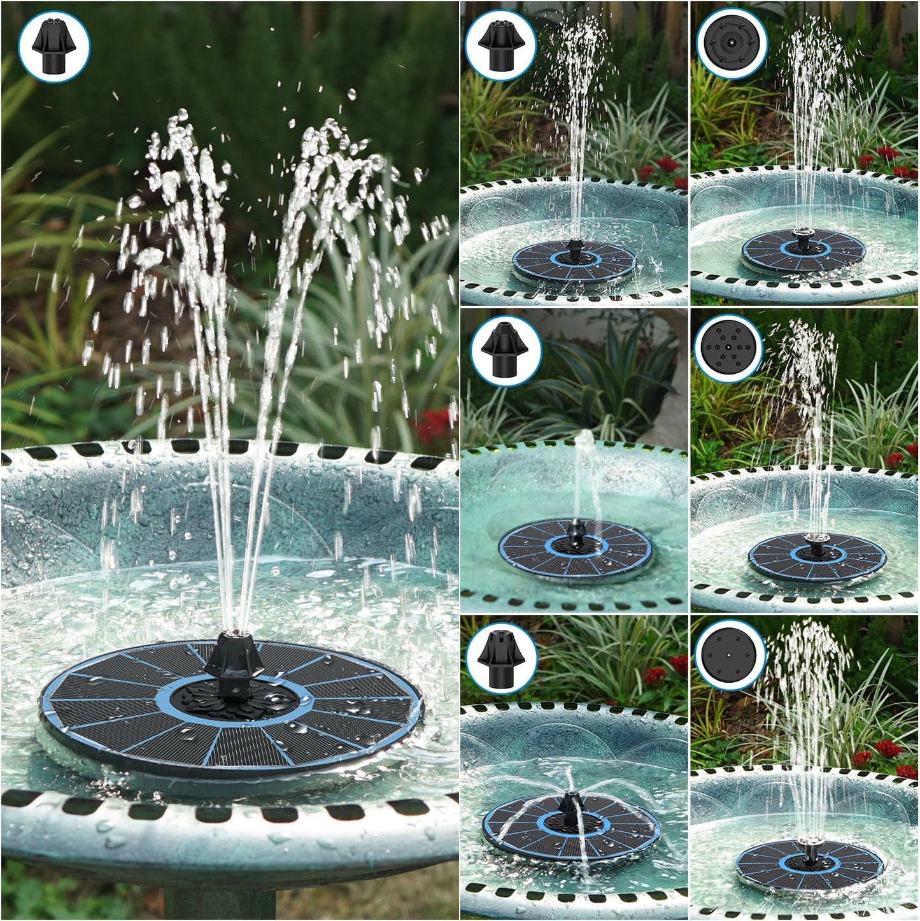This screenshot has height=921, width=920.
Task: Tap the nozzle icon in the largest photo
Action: coord(54,46)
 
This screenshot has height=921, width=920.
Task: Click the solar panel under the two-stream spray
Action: coord(232,707)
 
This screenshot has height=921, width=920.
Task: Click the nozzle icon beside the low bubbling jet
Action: coord(505,350)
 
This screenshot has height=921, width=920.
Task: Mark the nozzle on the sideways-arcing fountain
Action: coord(569,804)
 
